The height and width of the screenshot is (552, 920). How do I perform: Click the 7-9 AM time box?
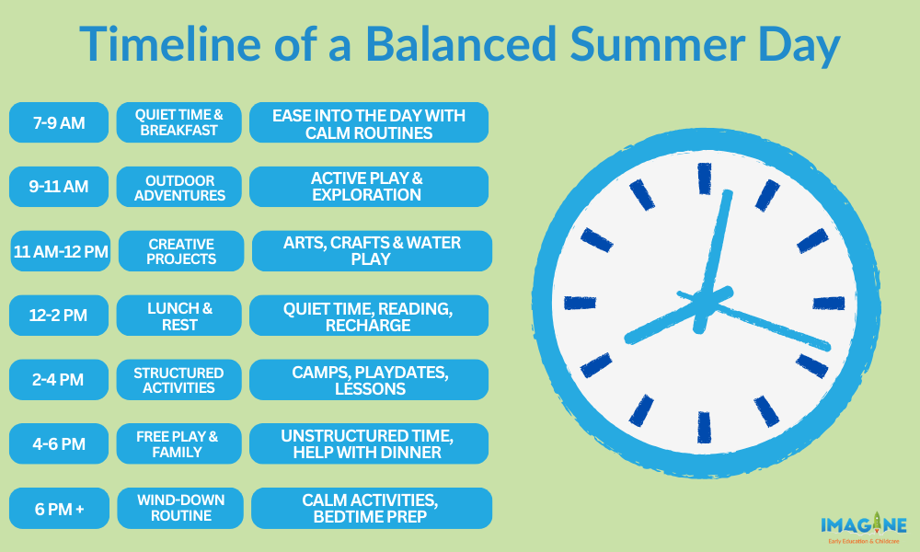[x=59, y=122]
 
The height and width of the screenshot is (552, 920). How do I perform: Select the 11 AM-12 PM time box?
[x=61, y=251]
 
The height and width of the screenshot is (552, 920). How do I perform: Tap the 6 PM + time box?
[x=59, y=508]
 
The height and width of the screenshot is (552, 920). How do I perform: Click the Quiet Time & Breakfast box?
[x=179, y=122]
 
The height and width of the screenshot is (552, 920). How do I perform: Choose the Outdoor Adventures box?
[x=179, y=187]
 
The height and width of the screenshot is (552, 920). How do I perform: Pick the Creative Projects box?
[x=181, y=251]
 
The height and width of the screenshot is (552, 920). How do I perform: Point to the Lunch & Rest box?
[x=179, y=316]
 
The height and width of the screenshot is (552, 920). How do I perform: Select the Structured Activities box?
[x=179, y=380]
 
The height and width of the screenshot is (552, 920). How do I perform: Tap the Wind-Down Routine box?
[x=180, y=508]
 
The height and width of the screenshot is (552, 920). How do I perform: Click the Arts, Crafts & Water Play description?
[x=372, y=251]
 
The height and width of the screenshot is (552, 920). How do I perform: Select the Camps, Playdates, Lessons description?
[x=369, y=380]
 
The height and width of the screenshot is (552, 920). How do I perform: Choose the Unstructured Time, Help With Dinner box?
[x=369, y=444]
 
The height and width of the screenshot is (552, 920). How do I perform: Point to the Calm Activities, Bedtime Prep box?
[x=372, y=508]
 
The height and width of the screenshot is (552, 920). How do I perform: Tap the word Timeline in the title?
[x=170, y=44]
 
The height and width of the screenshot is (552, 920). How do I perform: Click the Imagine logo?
[x=863, y=528]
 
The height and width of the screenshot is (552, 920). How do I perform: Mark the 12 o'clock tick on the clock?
[x=704, y=178]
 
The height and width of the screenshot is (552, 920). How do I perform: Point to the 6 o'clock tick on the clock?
[x=704, y=427]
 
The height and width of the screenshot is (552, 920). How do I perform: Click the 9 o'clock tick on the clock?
[x=580, y=303]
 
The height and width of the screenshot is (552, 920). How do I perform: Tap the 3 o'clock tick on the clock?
[x=829, y=304]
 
